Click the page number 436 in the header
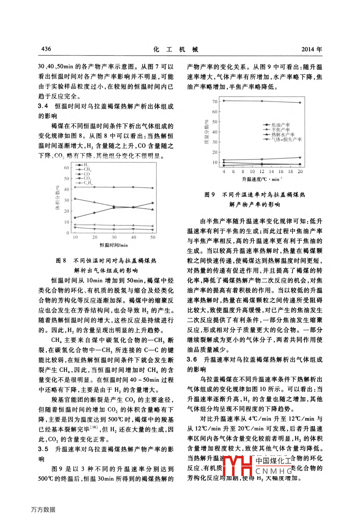pyautogui.click(x=46, y=49)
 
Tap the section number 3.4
pyautogui.click(x=43, y=106)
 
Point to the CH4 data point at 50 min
pyautogui.click(x=153, y=188)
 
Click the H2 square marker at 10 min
pyautogui.click(x=75, y=218)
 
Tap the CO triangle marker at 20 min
pyautogui.click(x=95, y=202)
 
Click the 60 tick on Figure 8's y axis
pyautogui.click(x=67, y=168)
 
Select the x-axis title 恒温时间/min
pyautogui.click(x=113, y=245)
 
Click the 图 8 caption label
pyautogui.click(x=61, y=261)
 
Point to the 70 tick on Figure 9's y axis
pyautogui.click(x=215, y=101)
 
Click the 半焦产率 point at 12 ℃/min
pyautogui.click(x=262, y=101)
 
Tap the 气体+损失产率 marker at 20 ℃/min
pyautogui.click(x=300, y=158)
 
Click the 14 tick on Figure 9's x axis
pyautogui.click(x=271, y=171)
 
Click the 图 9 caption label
pyautogui.click(x=209, y=195)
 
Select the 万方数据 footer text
pyautogui.click(x=43, y=509)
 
